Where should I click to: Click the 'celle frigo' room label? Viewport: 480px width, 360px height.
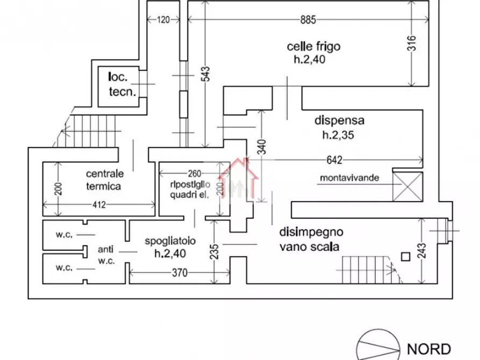point(313,53)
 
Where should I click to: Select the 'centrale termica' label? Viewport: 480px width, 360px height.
point(105,180)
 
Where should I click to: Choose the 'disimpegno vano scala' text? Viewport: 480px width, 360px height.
point(311,240)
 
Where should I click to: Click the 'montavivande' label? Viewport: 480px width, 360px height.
point(349,178)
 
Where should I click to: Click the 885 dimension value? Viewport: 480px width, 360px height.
point(308,20)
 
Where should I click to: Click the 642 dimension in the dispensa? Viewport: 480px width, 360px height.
point(334,160)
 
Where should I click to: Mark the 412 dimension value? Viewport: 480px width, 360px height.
point(99,204)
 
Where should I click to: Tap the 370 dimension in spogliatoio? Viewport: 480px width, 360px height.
point(179,273)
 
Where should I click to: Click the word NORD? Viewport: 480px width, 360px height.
point(428,349)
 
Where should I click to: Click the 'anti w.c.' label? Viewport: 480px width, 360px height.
point(105,255)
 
